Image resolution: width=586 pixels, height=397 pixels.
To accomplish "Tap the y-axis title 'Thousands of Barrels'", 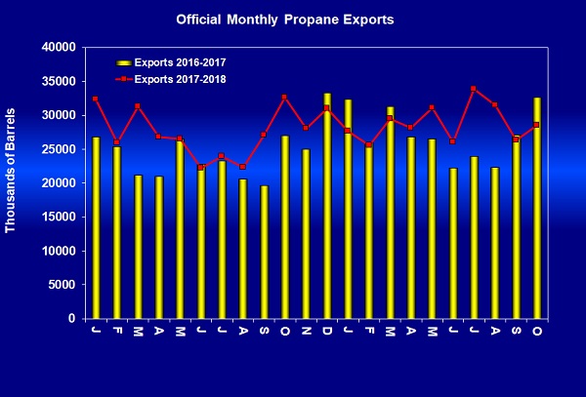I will (x=12, y=182).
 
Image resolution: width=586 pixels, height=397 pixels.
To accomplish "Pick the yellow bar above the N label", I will (x=306, y=234).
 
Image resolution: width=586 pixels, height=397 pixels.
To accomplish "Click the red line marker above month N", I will (x=306, y=128).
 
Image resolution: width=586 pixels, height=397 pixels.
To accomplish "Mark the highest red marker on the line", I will (x=474, y=89).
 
